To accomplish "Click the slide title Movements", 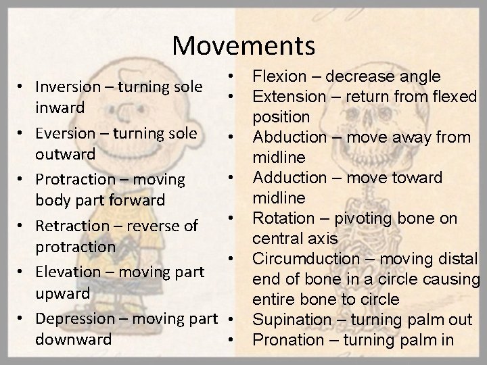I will pos(243,46).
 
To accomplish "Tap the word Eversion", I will pos(65,133).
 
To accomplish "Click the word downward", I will pos(73,339).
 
